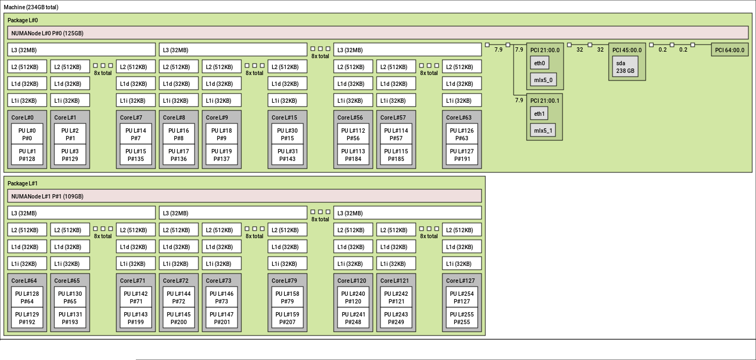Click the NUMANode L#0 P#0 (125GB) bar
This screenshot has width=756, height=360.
point(245,33)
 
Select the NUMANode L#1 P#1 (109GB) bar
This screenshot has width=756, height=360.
point(245,196)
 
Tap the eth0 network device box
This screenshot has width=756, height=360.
point(539,63)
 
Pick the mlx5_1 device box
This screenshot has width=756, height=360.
point(543,131)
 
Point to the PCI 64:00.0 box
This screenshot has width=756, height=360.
point(730,50)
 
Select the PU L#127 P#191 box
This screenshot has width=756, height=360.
point(461,155)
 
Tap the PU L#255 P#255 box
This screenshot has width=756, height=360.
point(461,318)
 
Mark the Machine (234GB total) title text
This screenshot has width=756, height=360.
point(31,7)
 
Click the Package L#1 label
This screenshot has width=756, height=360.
point(22,183)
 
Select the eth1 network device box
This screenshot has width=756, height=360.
point(539,114)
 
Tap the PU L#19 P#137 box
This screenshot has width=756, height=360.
point(222,155)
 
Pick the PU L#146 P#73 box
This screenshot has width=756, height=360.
point(222,297)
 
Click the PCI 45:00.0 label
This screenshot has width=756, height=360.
point(627,50)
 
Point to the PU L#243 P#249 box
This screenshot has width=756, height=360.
point(396,318)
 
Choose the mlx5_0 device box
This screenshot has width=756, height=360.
point(543,80)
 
